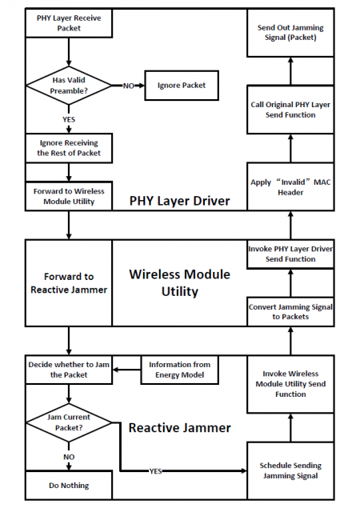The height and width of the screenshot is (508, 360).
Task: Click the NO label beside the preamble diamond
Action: pos(128,83)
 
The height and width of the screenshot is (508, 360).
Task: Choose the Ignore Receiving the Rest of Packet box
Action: pos(69,148)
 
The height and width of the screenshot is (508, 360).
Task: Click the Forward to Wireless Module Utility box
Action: pos(69,197)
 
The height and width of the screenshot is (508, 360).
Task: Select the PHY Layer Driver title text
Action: pos(180,201)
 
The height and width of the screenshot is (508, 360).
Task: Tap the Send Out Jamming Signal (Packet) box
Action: pos(290,33)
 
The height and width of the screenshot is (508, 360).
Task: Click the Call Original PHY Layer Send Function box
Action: pos(290,110)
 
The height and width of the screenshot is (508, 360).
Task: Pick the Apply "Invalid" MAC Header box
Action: pos(290,187)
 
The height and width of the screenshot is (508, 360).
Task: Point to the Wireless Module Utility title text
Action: pos(180,283)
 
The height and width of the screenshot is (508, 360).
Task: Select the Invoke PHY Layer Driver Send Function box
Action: pos(290,254)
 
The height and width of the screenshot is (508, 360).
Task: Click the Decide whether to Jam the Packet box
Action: pos(69,370)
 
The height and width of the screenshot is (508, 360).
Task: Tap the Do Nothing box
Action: pos(69,486)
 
